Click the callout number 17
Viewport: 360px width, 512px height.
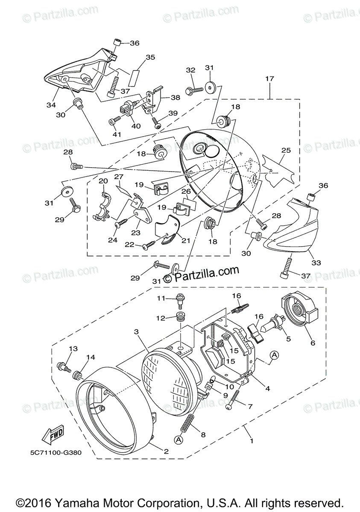point(269,79)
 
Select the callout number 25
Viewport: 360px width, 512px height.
point(286,151)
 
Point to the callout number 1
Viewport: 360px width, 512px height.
point(252,441)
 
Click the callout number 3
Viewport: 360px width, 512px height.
point(136,332)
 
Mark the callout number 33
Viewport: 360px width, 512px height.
point(316,263)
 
